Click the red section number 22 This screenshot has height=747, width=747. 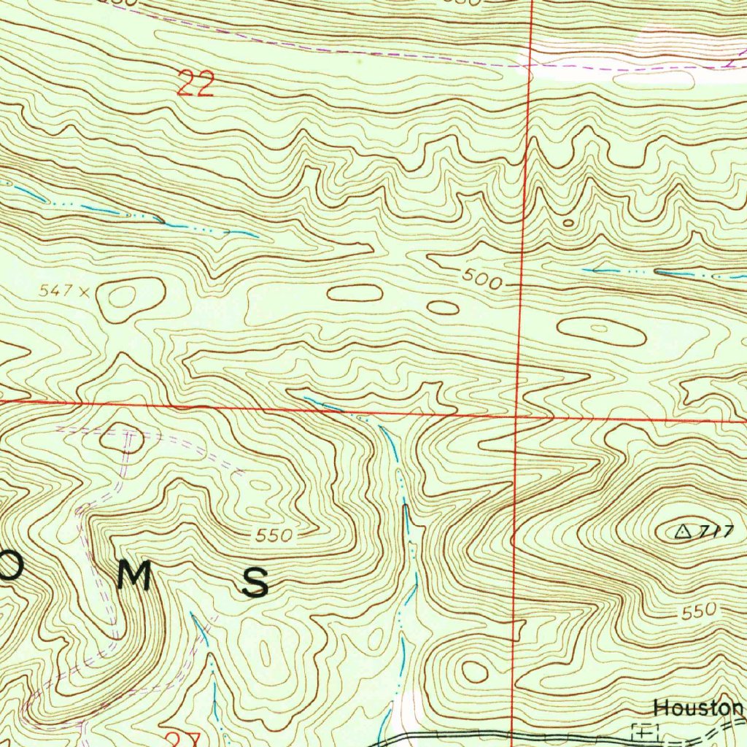(196, 85)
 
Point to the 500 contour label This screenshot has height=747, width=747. (481, 279)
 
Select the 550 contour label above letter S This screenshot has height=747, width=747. (274, 536)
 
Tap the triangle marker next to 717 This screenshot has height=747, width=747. (684, 532)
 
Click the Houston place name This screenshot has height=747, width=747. (698, 708)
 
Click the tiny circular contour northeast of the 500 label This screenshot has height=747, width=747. (568, 222)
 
